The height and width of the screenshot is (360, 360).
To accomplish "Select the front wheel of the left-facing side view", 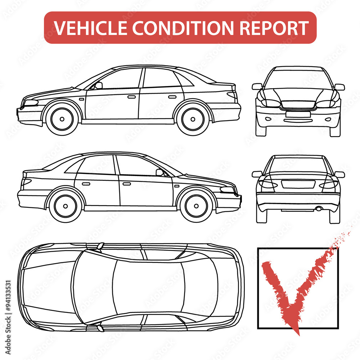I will pyautogui.click(x=62, y=119).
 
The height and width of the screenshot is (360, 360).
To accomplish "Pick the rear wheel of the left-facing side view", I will pyautogui.click(x=193, y=119).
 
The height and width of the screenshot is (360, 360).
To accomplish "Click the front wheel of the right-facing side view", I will pyautogui.click(x=196, y=206).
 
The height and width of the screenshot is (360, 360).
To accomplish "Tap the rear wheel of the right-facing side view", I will pyautogui.click(x=66, y=206).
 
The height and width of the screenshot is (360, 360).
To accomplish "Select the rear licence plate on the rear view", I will pyautogui.click(x=298, y=184).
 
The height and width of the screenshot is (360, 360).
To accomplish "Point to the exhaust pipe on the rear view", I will pyautogui.click(x=318, y=208).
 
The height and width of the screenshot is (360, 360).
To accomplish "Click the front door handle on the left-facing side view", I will pyautogui.click(x=131, y=97).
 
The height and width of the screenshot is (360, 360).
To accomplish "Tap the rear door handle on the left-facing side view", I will pyautogui.click(x=172, y=97).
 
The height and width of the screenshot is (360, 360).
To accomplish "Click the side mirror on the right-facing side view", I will pyautogui.click(x=159, y=172).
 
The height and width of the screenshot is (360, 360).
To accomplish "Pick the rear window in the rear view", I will pyautogui.click(x=298, y=165).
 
